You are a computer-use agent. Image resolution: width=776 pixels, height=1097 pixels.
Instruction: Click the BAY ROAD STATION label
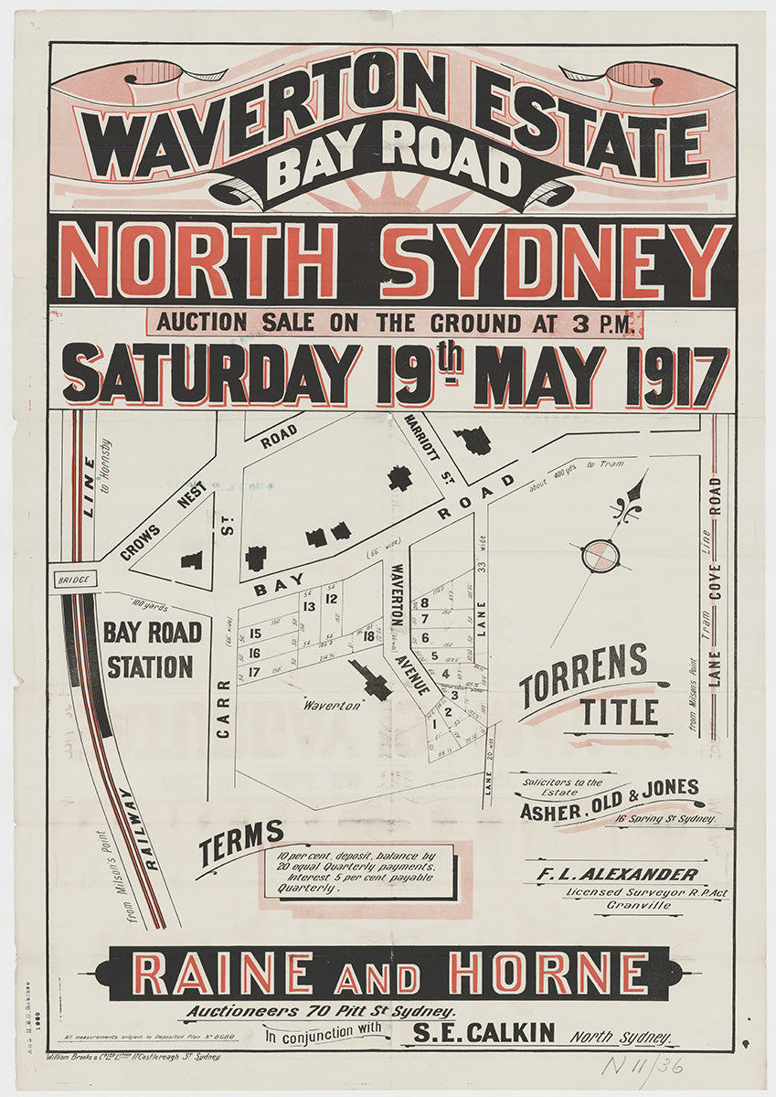152,650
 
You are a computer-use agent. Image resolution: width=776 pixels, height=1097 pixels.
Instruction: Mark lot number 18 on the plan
369,635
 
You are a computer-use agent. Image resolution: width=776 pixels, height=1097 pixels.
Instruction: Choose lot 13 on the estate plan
309,606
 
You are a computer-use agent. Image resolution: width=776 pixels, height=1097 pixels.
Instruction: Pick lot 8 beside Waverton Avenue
425,602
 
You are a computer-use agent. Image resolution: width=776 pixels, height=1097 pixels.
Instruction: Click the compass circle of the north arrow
601,555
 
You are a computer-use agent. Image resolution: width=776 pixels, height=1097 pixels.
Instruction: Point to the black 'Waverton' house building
372,679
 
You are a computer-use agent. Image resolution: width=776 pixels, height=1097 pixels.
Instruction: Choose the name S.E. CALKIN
484,1033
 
